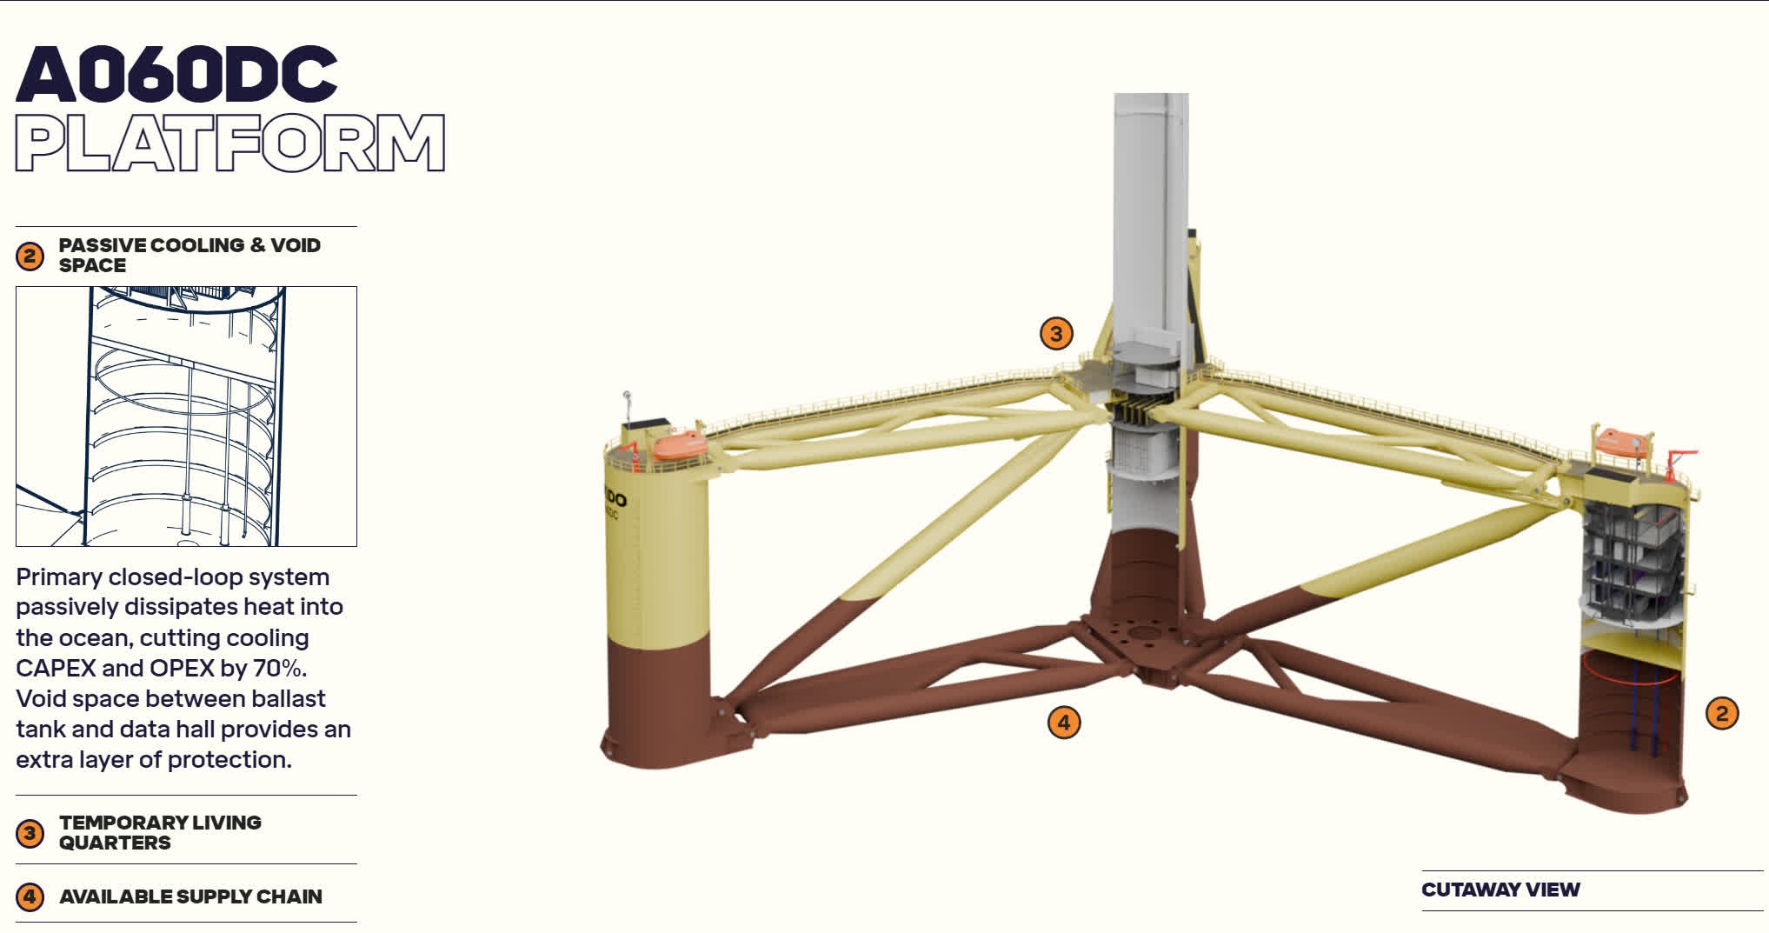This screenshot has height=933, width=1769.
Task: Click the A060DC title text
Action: (176, 74)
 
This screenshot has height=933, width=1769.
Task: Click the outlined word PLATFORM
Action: (230, 143)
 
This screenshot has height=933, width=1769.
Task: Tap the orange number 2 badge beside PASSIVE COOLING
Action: (30, 256)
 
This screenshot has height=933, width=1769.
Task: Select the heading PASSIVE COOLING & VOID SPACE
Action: (190, 255)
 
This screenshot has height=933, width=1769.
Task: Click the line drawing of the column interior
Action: (186, 417)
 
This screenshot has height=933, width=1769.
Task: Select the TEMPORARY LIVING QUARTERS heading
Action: (160, 832)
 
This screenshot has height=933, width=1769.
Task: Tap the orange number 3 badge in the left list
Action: (30, 833)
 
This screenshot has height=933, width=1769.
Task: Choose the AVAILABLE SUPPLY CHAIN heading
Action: (190, 896)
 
